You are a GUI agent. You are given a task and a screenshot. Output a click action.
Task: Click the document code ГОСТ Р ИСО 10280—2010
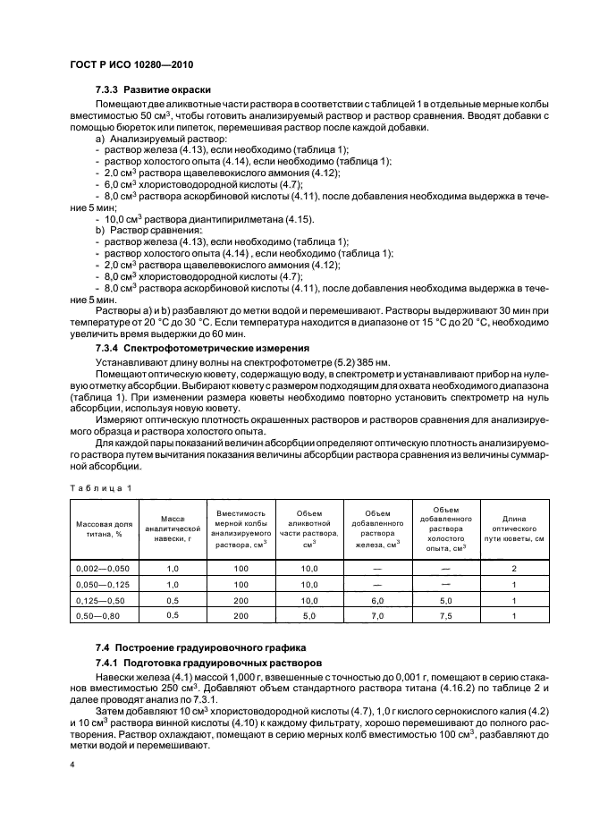click(x=131, y=64)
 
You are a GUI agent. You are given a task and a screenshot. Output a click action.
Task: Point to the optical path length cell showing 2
click(x=514, y=568)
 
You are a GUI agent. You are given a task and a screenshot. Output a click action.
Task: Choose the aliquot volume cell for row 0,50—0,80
click(x=309, y=616)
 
